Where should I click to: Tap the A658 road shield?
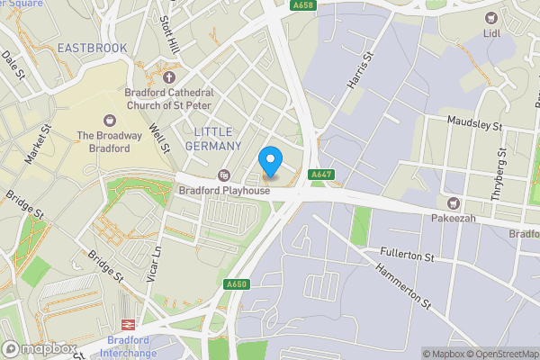[x=304, y=5]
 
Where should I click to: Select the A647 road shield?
[x=321, y=175]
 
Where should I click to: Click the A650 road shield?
[x=237, y=285]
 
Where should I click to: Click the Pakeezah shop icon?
[x=454, y=203]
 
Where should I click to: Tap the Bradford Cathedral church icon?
[x=169, y=76]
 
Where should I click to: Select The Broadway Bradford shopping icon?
[x=110, y=120]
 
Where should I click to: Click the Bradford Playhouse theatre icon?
[x=224, y=175]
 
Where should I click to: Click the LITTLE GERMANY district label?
[x=218, y=139]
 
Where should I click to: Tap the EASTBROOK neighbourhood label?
[x=91, y=47]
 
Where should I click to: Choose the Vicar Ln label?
[x=155, y=263]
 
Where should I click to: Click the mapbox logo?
[x=38, y=348]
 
